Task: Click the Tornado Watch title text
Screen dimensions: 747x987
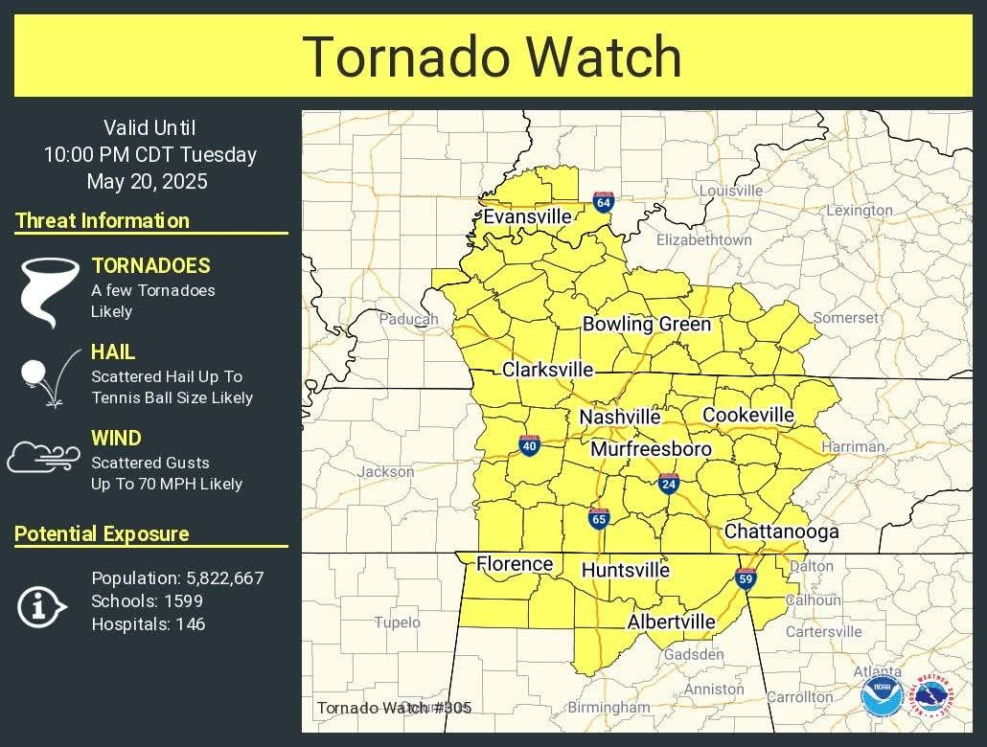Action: [x=493, y=57]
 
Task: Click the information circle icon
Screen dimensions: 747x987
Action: [x=41, y=606]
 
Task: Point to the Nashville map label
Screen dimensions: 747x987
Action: [x=619, y=418]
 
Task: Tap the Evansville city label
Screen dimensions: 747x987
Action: [x=527, y=217]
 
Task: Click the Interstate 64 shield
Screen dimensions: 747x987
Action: [x=603, y=201]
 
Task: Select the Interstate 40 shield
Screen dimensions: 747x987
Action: [x=530, y=444]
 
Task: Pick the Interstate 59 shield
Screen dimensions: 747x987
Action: [x=746, y=578]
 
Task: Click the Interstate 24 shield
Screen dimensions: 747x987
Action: [x=669, y=484]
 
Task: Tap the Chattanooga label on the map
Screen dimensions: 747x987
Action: [x=781, y=532]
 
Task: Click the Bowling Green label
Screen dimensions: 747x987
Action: [x=647, y=325]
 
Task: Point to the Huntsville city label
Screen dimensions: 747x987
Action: [x=626, y=571]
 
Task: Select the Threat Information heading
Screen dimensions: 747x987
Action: [x=103, y=221]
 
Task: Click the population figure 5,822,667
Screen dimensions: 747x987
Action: [x=221, y=578]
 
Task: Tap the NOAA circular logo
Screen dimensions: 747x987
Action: [x=880, y=696]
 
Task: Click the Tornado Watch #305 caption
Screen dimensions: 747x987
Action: [x=394, y=708]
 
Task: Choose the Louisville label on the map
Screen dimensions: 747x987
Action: [x=731, y=191]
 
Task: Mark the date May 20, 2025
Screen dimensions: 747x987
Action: [x=147, y=182]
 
